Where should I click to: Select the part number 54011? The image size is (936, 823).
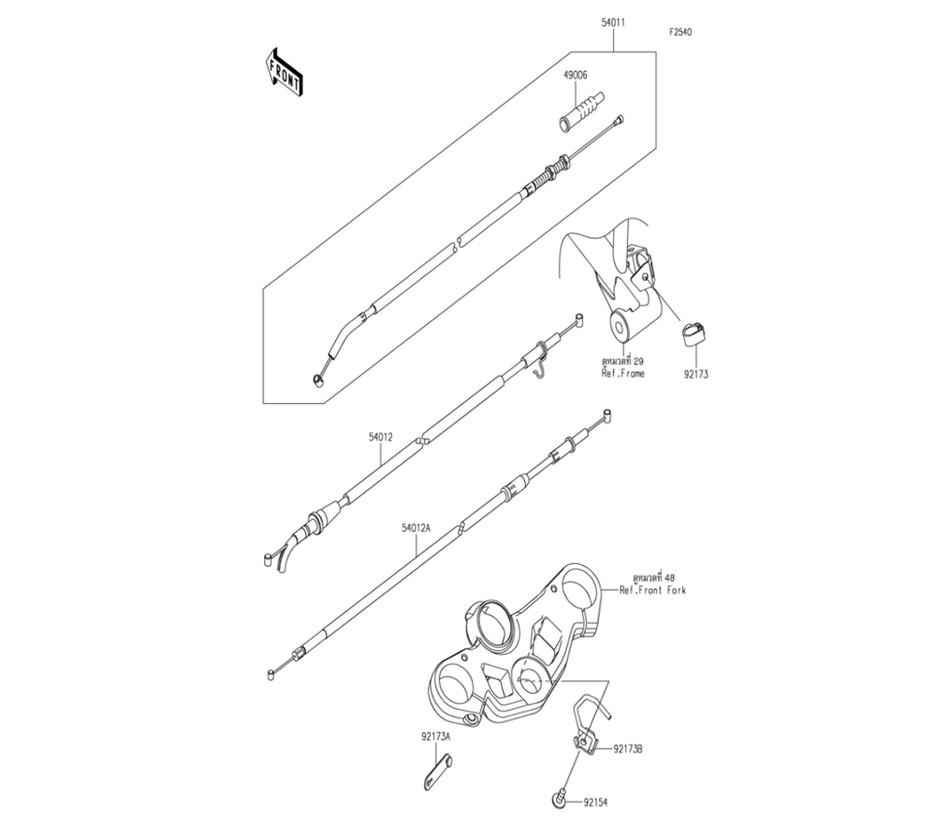[613, 20]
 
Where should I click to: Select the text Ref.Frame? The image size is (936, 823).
[623, 372]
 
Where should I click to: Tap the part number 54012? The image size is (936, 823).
[379, 437]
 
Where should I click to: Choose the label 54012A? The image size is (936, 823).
[416, 528]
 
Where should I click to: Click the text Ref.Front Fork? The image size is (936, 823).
[652, 591]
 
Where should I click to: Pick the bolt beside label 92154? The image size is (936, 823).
[560, 798]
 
